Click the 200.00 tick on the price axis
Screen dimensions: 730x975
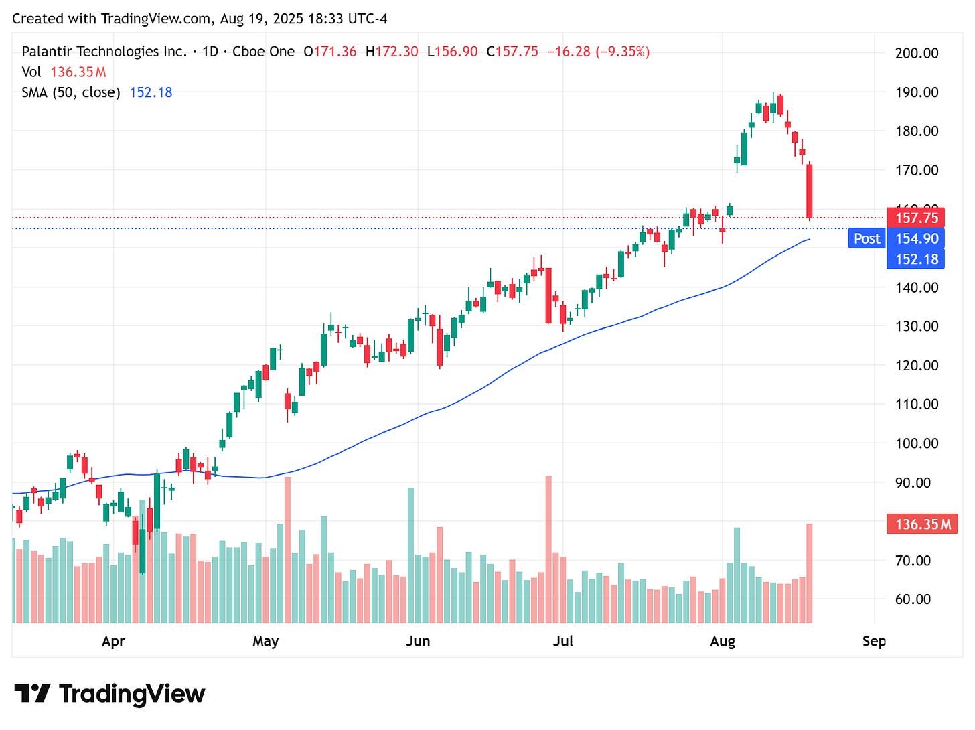[x=916, y=53]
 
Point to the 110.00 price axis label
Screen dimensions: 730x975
[x=916, y=404]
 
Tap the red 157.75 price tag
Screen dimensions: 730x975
[x=915, y=218]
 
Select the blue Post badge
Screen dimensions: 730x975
[x=867, y=238]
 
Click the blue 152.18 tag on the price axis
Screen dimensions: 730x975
[x=915, y=259]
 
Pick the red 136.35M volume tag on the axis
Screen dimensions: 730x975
[x=921, y=524]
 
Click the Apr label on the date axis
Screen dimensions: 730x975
[x=113, y=641]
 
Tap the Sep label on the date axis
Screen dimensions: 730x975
[x=874, y=641]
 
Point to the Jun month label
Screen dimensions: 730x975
[x=417, y=641]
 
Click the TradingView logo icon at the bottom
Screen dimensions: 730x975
[x=32, y=693]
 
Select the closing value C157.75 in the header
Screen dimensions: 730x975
[x=512, y=52]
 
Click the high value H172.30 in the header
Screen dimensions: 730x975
[x=392, y=52]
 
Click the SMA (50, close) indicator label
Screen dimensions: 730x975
[x=71, y=92]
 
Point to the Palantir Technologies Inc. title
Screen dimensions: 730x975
[x=104, y=52]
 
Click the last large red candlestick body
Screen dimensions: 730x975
[x=810, y=191]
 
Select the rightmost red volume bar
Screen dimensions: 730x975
[x=810, y=573]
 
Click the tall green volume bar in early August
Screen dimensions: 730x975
[x=737, y=575]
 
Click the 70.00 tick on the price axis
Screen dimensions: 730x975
[x=913, y=560]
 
